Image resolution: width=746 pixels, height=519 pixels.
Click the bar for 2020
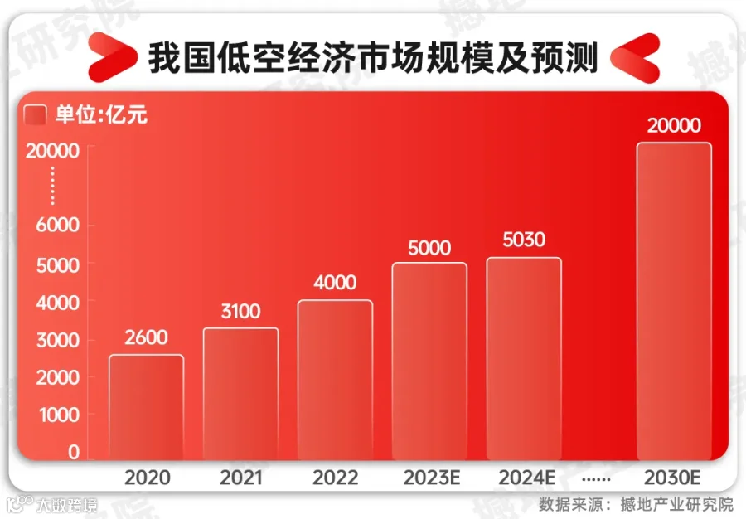(146, 407)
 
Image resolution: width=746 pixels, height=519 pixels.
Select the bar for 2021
(240, 394)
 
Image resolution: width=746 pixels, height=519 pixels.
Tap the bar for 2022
(335, 380)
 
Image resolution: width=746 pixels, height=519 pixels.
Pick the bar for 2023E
(429, 361)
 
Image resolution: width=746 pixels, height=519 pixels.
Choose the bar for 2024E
(523, 358)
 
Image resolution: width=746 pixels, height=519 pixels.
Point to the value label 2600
(146, 337)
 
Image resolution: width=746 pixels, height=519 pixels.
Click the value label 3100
(240, 312)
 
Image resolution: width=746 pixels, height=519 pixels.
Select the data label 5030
(523, 240)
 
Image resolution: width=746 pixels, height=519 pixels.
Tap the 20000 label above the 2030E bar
(674, 126)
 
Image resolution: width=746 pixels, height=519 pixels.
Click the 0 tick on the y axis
(74, 452)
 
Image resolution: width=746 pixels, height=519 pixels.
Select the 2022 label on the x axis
(335, 478)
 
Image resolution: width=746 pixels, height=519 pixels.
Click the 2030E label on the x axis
(674, 478)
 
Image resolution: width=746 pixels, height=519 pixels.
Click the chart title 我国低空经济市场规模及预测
(373, 58)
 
